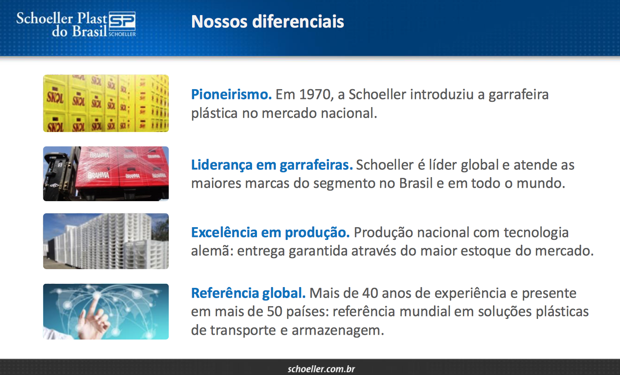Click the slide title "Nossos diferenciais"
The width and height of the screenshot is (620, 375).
(x=268, y=22)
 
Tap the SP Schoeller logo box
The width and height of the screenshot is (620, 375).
(x=122, y=24)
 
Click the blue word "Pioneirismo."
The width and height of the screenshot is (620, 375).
(x=231, y=94)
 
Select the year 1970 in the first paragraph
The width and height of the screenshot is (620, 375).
(x=315, y=94)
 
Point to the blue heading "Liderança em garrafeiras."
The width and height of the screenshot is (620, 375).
(x=272, y=165)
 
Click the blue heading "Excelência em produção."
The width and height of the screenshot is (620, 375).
(x=270, y=232)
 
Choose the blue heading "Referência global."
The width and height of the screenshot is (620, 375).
(x=248, y=293)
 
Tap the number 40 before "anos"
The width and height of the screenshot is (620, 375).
(x=370, y=293)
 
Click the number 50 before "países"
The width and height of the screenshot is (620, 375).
(x=274, y=312)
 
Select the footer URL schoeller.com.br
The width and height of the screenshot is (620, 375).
(x=321, y=369)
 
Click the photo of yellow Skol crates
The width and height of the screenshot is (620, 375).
(x=106, y=103)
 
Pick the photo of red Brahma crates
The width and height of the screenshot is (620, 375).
(x=106, y=173)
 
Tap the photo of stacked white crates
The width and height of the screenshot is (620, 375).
(x=106, y=241)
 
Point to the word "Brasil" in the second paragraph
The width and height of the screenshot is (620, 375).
(x=416, y=183)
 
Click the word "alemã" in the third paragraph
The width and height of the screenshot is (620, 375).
(x=212, y=251)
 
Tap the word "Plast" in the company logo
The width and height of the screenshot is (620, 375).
(x=92, y=18)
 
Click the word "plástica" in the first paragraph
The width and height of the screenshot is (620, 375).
(x=214, y=113)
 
